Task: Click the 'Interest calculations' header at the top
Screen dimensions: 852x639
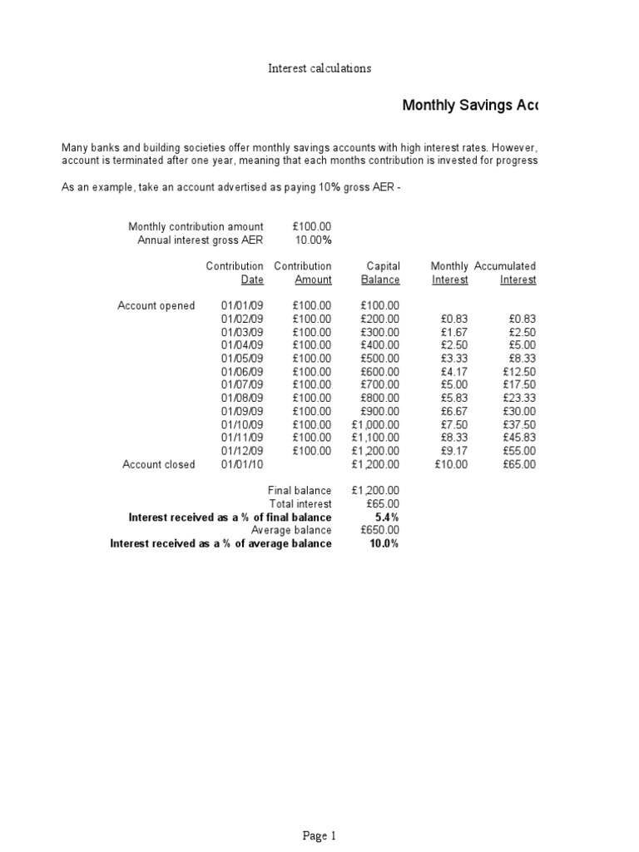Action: [319, 68]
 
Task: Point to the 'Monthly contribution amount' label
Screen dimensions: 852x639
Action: [196, 226]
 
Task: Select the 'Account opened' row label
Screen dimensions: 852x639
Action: [156, 305]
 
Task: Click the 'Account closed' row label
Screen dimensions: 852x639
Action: [158, 464]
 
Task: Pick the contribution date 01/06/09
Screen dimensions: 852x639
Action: [242, 372]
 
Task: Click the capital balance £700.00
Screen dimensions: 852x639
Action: [380, 385]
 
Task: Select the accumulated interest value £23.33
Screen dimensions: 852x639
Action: [519, 399]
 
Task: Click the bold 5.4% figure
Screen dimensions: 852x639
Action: [386, 517]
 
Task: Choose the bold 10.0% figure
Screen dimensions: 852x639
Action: [384, 543]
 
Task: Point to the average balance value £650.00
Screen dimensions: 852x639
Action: [380, 530]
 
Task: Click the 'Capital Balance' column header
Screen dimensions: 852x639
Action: [382, 273]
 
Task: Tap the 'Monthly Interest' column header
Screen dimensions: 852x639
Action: [449, 273]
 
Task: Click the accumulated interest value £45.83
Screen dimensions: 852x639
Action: [519, 438]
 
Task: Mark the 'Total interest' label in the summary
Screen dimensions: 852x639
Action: [300, 503]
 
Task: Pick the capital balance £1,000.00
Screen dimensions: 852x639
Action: [377, 424]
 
